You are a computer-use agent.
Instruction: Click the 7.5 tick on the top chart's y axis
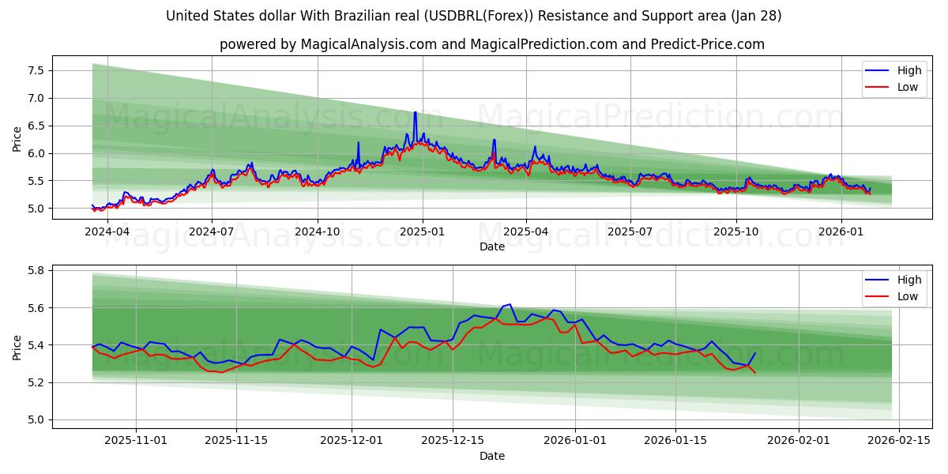click(x=35, y=70)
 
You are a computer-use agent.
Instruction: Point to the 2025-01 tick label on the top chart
click(x=422, y=231)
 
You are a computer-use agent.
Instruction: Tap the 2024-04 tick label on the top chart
click(x=107, y=231)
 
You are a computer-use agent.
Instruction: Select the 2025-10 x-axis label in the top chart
click(x=735, y=231)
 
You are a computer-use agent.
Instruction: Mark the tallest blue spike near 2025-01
click(x=415, y=112)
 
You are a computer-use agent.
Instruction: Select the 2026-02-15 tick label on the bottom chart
click(x=901, y=440)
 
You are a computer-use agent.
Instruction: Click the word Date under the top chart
click(x=491, y=246)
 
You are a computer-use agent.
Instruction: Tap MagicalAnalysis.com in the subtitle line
click(x=369, y=44)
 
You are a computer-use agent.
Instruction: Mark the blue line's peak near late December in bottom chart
click(x=510, y=304)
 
